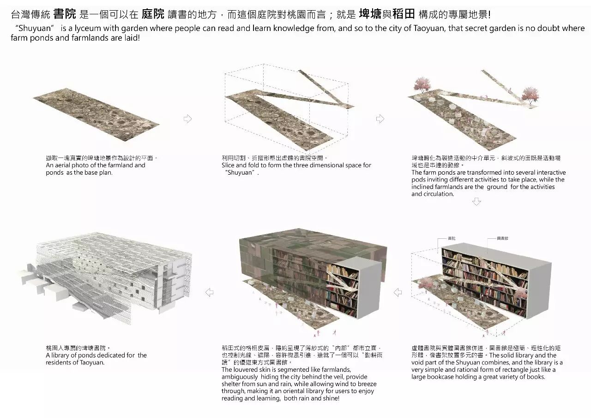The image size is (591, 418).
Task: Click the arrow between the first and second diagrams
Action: pos(187,119)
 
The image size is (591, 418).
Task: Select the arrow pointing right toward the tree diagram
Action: pos(380,119)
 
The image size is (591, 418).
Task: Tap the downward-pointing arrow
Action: pos(477,202)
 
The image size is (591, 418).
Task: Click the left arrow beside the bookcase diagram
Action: pos(398,292)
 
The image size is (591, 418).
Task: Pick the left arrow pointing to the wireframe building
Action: pos(209,292)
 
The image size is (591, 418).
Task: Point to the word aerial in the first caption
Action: pos(62,165)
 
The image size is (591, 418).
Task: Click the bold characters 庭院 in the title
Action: pos(153,14)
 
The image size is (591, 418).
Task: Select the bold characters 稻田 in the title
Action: pos(404,14)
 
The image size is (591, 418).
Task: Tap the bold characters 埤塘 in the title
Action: pos(370,14)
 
